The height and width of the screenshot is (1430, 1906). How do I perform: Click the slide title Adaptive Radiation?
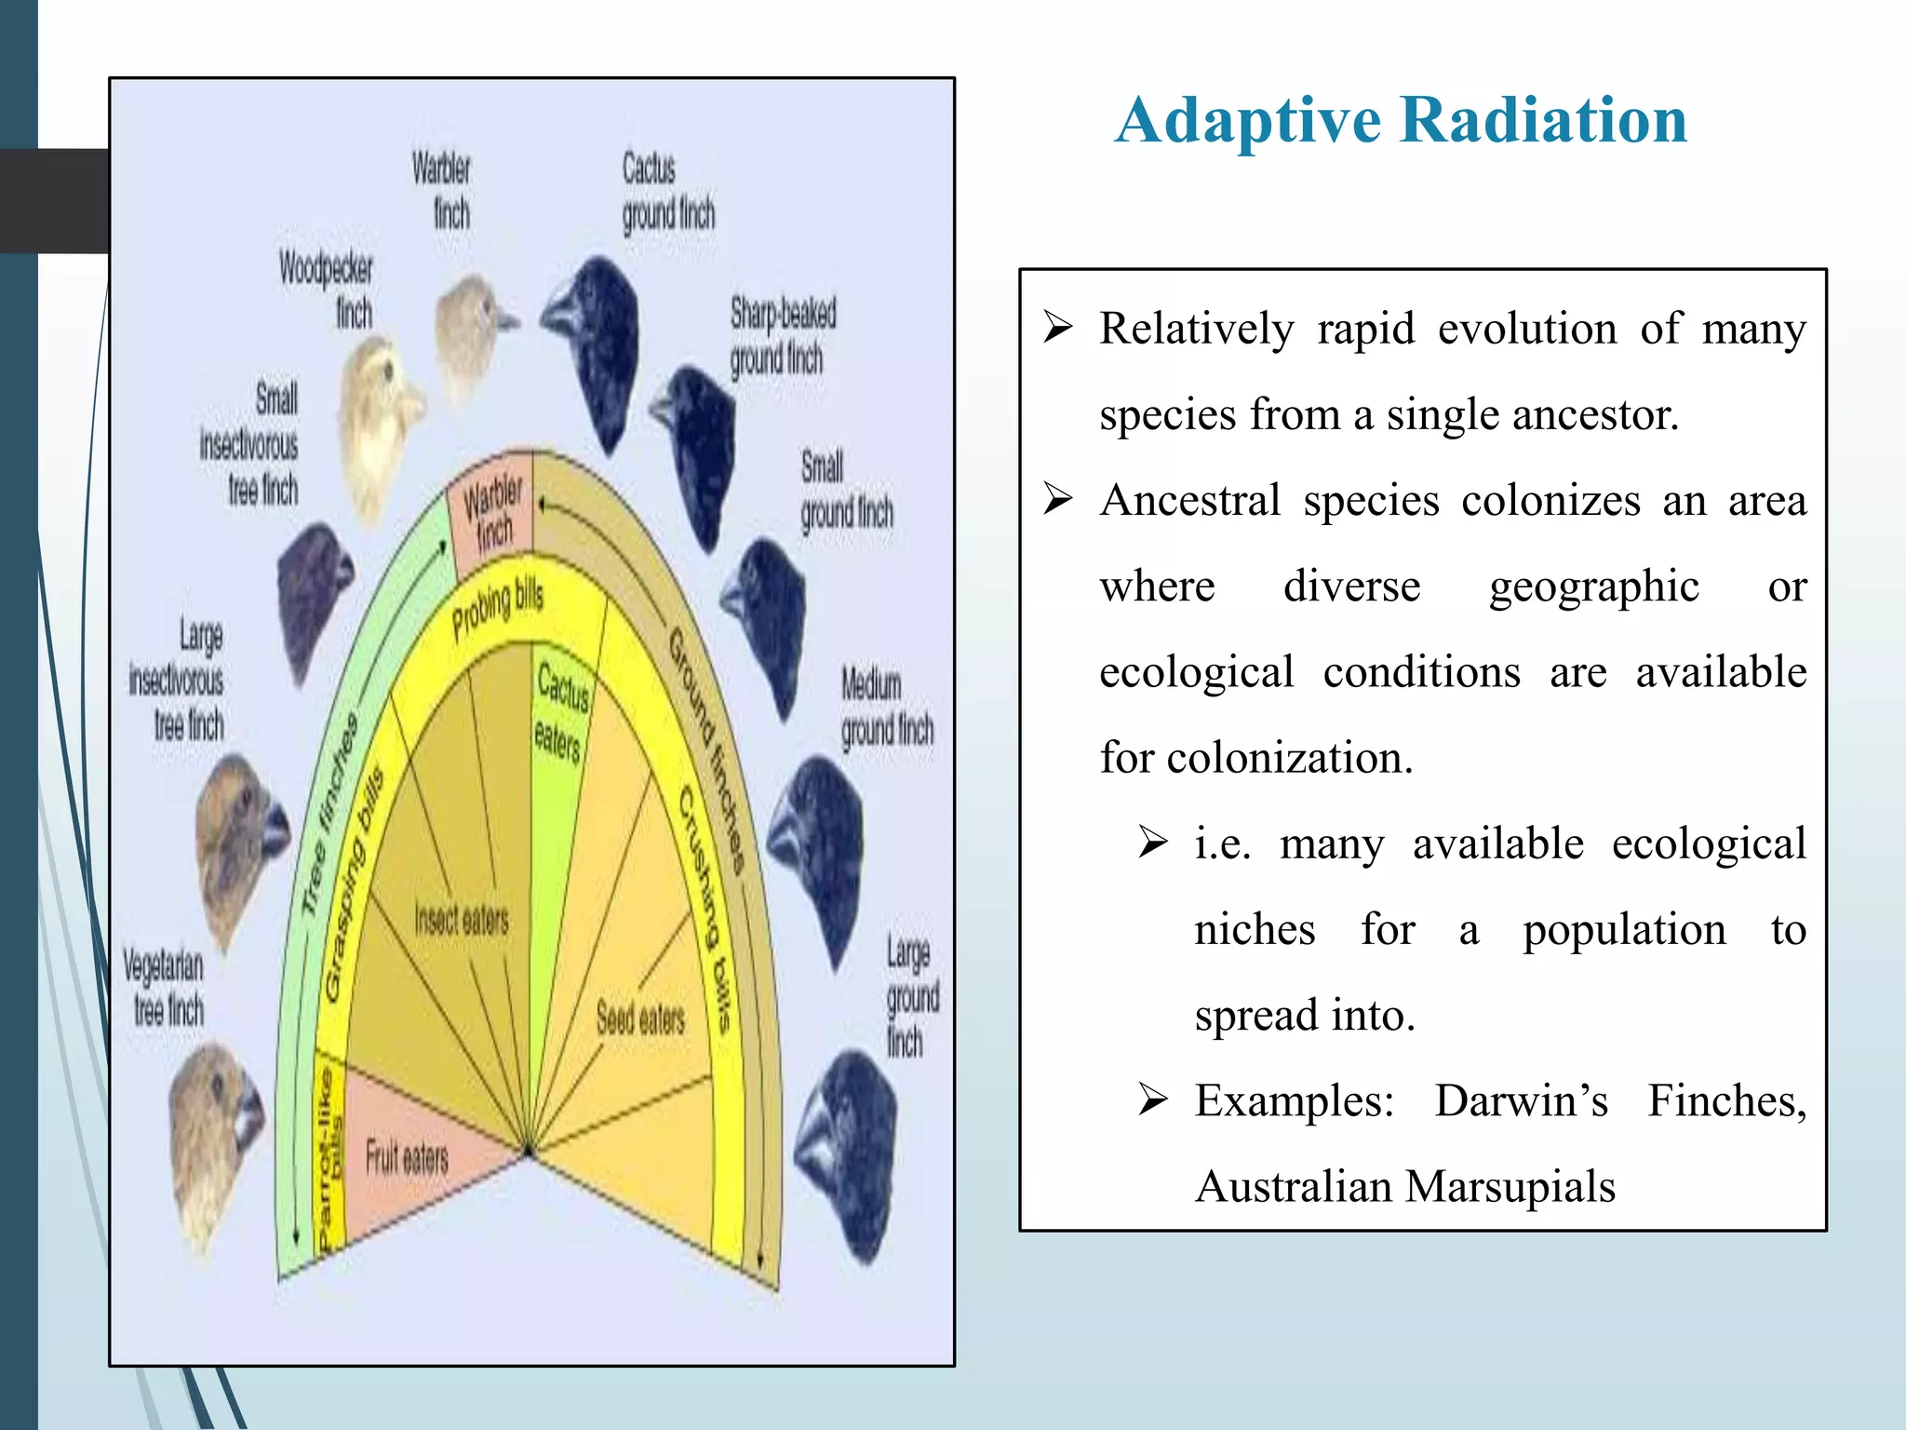(x=1401, y=121)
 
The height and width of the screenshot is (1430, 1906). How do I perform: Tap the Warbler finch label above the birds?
(x=443, y=191)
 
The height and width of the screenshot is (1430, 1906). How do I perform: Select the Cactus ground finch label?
(x=666, y=193)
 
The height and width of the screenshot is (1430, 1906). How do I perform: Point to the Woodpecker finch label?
(x=328, y=290)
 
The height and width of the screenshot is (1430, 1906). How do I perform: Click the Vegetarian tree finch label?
(x=165, y=988)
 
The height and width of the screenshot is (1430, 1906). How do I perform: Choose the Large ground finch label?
(x=910, y=996)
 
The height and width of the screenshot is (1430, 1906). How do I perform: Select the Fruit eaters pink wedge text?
(x=407, y=1157)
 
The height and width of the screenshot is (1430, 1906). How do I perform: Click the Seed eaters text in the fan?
(x=640, y=1018)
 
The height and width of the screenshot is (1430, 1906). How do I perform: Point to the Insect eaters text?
(x=462, y=920)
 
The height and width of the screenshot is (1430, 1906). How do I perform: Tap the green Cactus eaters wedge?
(x=558, y=745)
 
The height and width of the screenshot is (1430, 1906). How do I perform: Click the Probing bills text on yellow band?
(x=497, y=610)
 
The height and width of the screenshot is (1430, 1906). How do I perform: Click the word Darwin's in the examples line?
(x=1521, y=1100)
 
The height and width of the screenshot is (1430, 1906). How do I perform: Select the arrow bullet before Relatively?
(x=1058, y=328)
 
